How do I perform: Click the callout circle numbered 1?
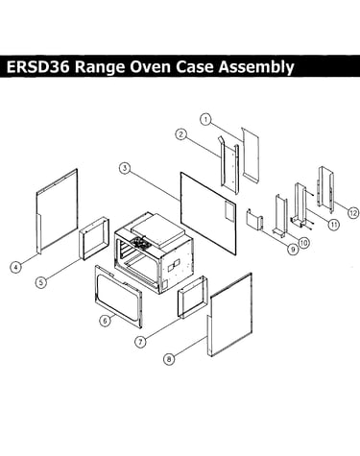[205, 120]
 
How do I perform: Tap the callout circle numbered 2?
[181, 134]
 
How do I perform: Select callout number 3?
[125, 168]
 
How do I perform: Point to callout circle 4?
[15, 267]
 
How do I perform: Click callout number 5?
[41, 282]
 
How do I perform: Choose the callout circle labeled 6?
[105, 321]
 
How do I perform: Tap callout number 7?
[140, 342]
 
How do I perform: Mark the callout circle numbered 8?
[169, 359]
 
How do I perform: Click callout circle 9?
[292, 250]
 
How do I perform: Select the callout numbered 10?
[303, 243]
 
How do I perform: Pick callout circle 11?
[334, 225]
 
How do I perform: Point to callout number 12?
[353, 213]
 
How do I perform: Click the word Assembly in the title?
[256, 67]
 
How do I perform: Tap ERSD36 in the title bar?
[37, 67]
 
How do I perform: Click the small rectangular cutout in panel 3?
[229, 211]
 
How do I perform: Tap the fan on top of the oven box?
[140, 242]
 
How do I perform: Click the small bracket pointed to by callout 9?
[254, 219]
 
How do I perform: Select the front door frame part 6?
[118, 296]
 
